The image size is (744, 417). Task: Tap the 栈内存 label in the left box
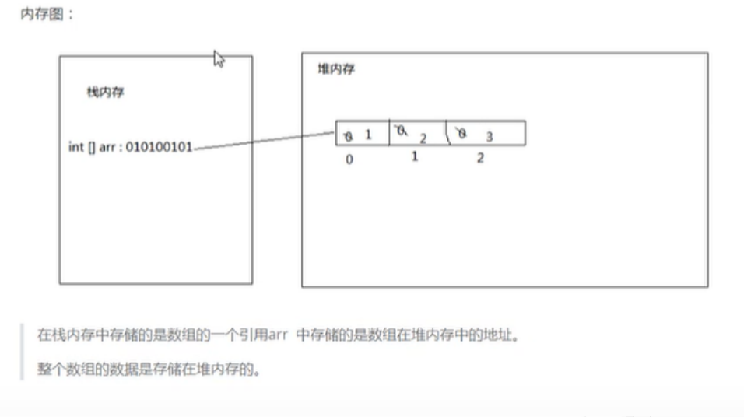(x=105, y=93)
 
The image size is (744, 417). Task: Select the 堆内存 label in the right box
(x=336, y=70)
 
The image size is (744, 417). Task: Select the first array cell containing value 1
(x=362, y=134)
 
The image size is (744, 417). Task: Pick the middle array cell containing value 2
(x=417, y=134)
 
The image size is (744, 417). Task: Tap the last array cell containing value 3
(x=486, y=134)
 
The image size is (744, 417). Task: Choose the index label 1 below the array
(x=415, y=156)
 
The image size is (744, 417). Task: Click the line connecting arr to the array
(x=265, y=142)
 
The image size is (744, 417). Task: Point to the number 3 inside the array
(x=490, y=137)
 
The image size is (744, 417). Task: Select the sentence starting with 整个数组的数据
(x=148, y=367)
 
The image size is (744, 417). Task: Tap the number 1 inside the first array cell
(x=368, y=135)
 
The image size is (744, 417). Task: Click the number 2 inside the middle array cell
(x=423, y=138)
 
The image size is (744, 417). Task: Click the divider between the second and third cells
(x=446, y=133)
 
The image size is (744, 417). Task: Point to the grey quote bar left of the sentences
(x=23, y=352)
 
